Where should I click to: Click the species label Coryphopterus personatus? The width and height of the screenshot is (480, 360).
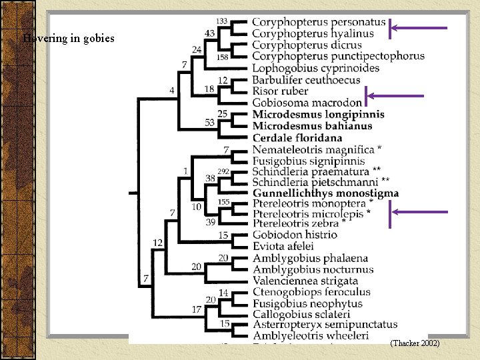click(319, 22)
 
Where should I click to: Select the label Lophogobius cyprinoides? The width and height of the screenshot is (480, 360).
click(315, 68)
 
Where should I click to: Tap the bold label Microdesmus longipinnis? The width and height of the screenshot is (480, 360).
click(318, 114)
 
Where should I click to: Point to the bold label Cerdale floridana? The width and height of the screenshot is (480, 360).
click(297, 137)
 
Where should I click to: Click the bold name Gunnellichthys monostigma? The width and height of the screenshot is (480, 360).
click(325, 193)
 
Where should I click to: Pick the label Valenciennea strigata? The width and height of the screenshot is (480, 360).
click(305, 281)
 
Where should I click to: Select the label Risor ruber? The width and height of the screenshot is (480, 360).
click(280, 91)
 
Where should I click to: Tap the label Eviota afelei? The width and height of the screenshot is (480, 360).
click(283, 246)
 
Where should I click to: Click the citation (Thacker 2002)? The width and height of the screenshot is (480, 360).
click(415, 343)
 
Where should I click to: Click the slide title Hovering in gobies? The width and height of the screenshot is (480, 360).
click(69, 38)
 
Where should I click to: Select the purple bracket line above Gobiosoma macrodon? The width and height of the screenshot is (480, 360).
click(393, 96)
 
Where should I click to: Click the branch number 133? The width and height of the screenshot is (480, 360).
click(222, 21)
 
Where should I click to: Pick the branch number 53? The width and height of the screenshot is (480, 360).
click(210, 122)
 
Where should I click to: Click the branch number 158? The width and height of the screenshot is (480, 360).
click(222, 57)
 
